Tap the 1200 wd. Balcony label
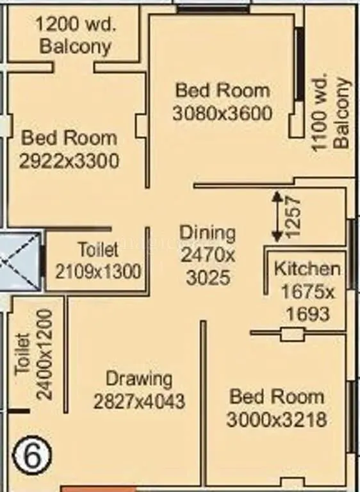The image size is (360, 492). (75, 36)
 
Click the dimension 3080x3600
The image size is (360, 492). (222, 113)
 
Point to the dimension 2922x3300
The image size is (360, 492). (69, 161)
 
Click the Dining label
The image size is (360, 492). (207, 232)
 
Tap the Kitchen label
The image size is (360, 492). (307, 268)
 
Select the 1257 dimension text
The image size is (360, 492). (292, 217)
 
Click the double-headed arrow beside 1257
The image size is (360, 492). (276, 217)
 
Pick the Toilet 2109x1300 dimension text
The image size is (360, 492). (98, 271)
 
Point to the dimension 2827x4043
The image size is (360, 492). (139, 402)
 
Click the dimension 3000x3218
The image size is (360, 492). (277, 420)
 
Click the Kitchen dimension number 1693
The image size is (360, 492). (307, 313)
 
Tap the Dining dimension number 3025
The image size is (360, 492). (208, 278)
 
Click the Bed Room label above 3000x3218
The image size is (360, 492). (277, 397)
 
